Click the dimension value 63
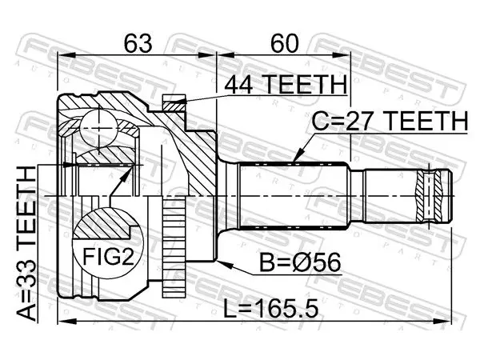pyautogui.click(x=138, y=43)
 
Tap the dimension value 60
pyautogui.click(x=284, y=43)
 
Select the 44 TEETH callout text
pyautogui.click(x=286, y=84)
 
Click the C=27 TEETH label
pyautogui.click(x=390, y=121)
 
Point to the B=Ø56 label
pyautogui.click(x=300, y=262)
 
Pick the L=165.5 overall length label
pyautogui.click(x=270, y=308)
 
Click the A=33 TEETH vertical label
pyautogui.click(x=26, y=243)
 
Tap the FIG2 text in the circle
pyautogui.click(x=109, y=257)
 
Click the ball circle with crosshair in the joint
pyautogui.click(x=98, y=128)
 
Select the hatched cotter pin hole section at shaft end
pyautogui.click(x=429, y=196)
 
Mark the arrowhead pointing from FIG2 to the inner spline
pyautogui.click(x=128, y=172)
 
